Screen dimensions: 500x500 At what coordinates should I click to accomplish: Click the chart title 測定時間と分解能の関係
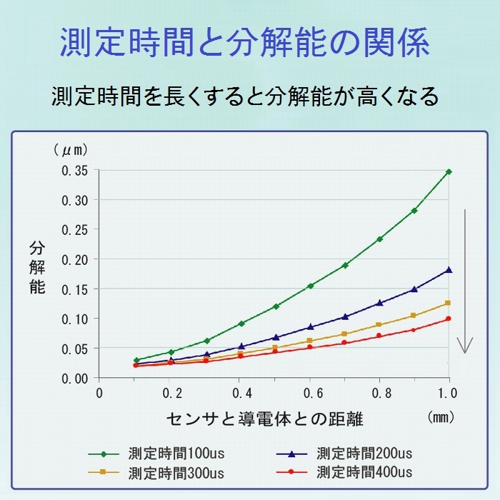[245, 44]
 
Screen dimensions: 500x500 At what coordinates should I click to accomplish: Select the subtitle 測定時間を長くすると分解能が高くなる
[245, 96]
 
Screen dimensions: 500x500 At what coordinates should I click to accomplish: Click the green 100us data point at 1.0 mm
[449, 171]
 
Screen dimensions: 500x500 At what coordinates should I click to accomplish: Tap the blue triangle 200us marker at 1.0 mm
[449, 269]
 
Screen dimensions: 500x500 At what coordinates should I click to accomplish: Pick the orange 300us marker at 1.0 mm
[448, 303]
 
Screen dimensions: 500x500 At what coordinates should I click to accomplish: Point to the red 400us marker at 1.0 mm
[449, 319]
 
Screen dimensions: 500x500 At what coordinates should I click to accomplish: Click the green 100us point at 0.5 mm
[276, 306]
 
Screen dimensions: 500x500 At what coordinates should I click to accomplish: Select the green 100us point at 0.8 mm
[379, 239]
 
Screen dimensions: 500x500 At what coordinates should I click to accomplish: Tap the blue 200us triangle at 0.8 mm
[379, 302]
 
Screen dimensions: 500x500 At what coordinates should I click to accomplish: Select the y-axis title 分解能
[37, 268]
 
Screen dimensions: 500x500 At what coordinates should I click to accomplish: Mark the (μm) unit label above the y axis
[71, 150]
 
